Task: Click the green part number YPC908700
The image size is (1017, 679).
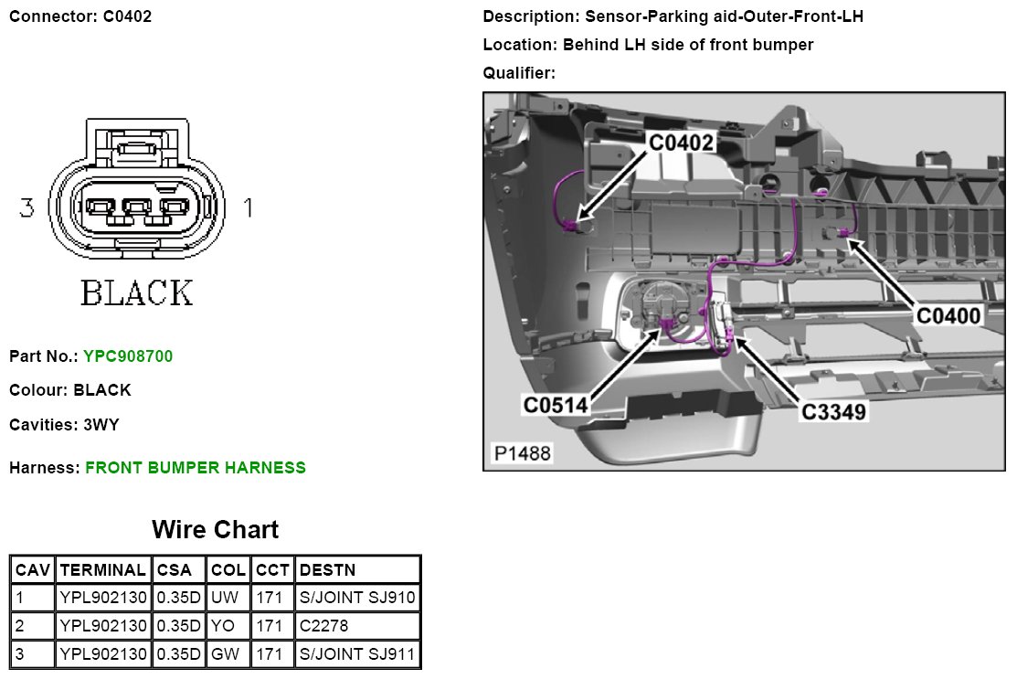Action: (x=127, y=356)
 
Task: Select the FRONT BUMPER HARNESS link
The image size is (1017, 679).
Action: (x=196, y=468)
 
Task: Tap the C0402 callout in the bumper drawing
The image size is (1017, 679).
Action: (x=682, y=143)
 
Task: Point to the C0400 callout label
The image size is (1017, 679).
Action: (x=948, y=315)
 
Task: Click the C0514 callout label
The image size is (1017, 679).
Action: (x=556, y=404)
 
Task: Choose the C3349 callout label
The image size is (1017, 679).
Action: (x=833, y=411)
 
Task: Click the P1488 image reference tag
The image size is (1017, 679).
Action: (x=523, y=453)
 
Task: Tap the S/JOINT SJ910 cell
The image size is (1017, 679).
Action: (x=357, y=598)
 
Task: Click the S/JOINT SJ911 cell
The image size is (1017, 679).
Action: (x=357, y=654)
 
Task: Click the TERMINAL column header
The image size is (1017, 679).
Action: (x=102, y=570)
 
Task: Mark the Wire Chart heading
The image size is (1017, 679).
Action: (x=215, y=529)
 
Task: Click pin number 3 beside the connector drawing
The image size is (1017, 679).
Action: (x=27, y=208)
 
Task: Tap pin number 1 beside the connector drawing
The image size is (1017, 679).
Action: (x=248, y=208)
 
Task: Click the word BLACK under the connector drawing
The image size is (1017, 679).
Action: (x=137, y=293)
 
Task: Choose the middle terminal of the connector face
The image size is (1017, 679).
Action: (x=137, y=211)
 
